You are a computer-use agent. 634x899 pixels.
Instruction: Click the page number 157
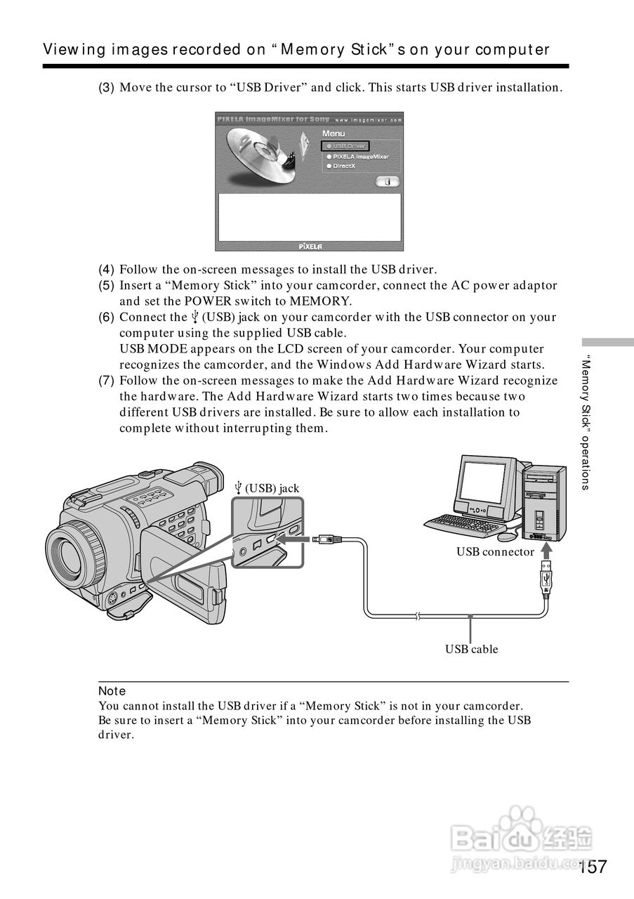pyautogui.click(x=593, y=867)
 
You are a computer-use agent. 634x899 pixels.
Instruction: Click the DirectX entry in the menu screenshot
pyautogui.click(x=344, y=166)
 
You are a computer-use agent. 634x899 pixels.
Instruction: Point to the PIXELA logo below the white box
pyautogui.click(x=310, y=246)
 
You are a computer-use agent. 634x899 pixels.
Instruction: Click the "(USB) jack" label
pyautogui.click(x=268, y=488)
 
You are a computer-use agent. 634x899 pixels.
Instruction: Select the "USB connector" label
pyautogui.click(x=495, y=552)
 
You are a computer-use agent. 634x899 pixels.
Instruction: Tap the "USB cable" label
pyautogui.click(x=471, y=649)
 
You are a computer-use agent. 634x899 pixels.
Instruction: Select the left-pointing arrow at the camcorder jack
pyautogui.click(x=290, y=539)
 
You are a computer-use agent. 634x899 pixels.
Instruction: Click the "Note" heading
pyautogui.click(x=112, y=691)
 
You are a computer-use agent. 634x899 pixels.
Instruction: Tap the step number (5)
pyautogui.click(x=106, y=286)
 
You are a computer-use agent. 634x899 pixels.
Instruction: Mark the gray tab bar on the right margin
pyautogui.click(x=607, y=342)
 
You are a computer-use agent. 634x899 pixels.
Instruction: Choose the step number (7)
pyautogui.click(x=106, y=381)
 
